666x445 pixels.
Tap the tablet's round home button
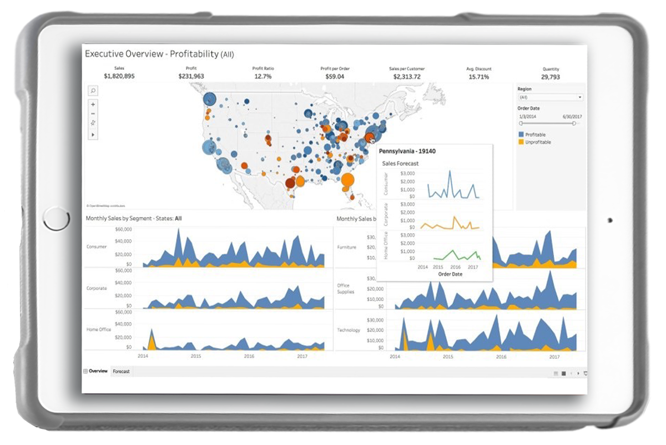[56, 219]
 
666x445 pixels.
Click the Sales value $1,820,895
[119, 77]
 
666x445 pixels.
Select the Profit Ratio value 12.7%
[263, 77]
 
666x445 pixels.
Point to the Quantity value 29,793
[551, 77]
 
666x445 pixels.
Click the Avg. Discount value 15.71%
[478, 77]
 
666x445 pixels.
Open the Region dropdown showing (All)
[550, 97]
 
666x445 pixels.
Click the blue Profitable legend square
[521, 135]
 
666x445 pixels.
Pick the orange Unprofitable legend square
[521, 142]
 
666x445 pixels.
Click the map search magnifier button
[93, 90]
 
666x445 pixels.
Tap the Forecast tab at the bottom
[121, 371]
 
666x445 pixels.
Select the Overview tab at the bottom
[98, 371]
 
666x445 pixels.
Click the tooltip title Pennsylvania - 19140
[407, 151]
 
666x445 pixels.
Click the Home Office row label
[99, 330]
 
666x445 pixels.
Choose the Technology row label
[349, 330]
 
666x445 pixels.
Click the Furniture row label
[346, 247]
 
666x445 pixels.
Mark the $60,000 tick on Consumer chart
[123, 229]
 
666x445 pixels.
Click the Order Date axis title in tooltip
[450, 274]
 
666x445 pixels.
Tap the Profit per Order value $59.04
[335, 77]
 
